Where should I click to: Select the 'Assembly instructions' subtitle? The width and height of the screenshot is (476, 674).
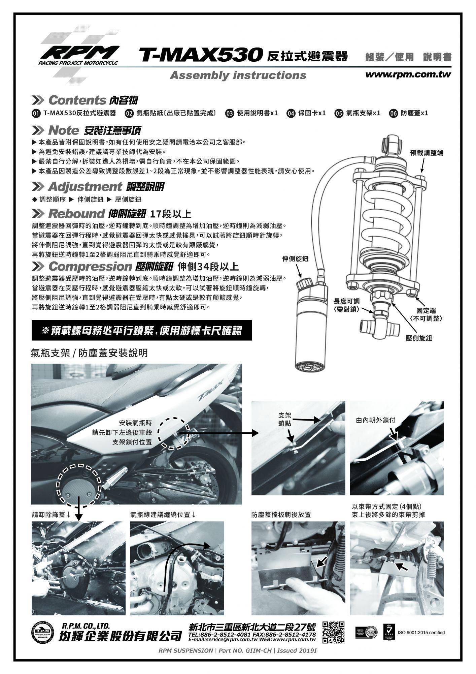pyautogui.click(x=238, y=75)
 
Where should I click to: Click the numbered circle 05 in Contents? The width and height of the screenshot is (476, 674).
pyautogui.click(x=339, y=113)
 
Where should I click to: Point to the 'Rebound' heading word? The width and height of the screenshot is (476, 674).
pyautogui.click(x=76, y=214)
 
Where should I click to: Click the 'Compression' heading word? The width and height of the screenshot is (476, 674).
pyautogui.click(x=90, y=267)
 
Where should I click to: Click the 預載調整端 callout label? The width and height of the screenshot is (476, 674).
pyautogui.click(x=427, y=153)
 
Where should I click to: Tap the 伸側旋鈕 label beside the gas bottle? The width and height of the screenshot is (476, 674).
pyautogui.click(x=295, y=259)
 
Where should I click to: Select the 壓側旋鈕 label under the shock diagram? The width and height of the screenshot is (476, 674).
pyautogui.click(x=419, y=338)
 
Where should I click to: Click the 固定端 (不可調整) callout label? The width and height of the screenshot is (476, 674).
pyautogui.click(x=426, y=314)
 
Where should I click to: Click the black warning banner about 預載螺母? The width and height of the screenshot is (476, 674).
pyautogui.click(x=141, y=331)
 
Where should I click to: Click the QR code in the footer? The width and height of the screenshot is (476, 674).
pyautogui.click(x=334, y=632)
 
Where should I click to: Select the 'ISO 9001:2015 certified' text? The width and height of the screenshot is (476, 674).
pyautogui.click(x=421, y=633)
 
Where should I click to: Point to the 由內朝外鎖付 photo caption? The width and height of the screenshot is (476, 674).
pyautogui.click(x=375, y=421)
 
